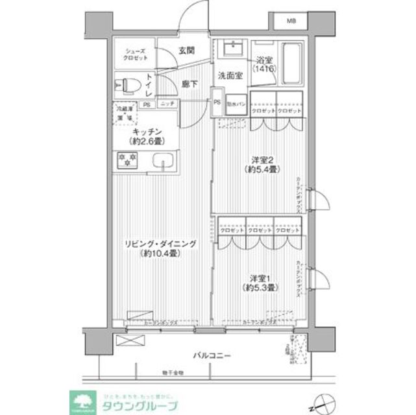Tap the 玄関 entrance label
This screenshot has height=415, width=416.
187,50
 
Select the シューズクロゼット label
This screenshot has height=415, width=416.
136,54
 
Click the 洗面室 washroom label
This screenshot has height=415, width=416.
230,75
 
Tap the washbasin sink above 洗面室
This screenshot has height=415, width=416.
231,49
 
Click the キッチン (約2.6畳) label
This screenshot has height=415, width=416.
145,136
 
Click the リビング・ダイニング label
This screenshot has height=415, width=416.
160,249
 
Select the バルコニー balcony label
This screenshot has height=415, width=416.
212,356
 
